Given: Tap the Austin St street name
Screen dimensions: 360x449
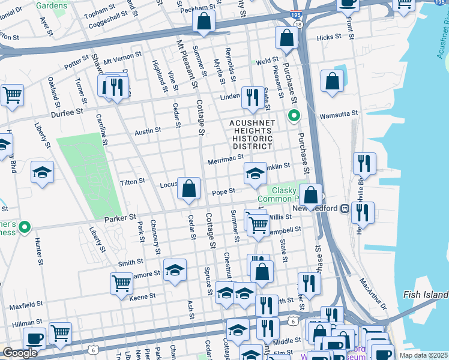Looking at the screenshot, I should pyautogui.click(x=148, y=130).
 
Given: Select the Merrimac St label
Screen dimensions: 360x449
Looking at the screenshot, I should pyautogui.click(x=225, y=161).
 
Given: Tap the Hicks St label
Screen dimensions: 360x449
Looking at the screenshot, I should pyautogui.click(x=328, y=37).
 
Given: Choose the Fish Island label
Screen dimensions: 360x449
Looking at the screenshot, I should pyautogui.click(x=426, y=295).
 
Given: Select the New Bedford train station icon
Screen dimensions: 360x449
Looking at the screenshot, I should pyautogui.click(x=345, y=208).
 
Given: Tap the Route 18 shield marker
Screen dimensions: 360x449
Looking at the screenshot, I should pyautogui.click(x=298, y=23).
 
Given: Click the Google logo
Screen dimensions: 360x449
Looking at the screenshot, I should pyautogui.click(x=20, y=353).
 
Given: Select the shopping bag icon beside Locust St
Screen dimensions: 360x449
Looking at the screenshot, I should pyautogui.click(x=189, y=188).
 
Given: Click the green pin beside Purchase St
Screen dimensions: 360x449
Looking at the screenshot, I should pyautogui.click(x=294, y=115).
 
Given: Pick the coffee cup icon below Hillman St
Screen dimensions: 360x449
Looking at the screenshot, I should pyautogui.click(x=33, y=338).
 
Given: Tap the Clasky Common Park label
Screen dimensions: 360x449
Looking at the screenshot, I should pyautogui.click(x=277, y=194).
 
